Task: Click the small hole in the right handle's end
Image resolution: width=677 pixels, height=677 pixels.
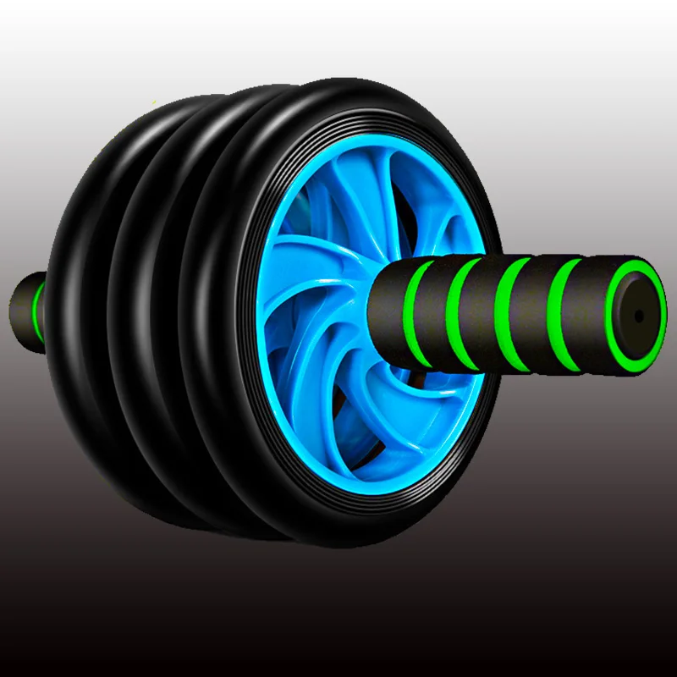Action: pos(639,315)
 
